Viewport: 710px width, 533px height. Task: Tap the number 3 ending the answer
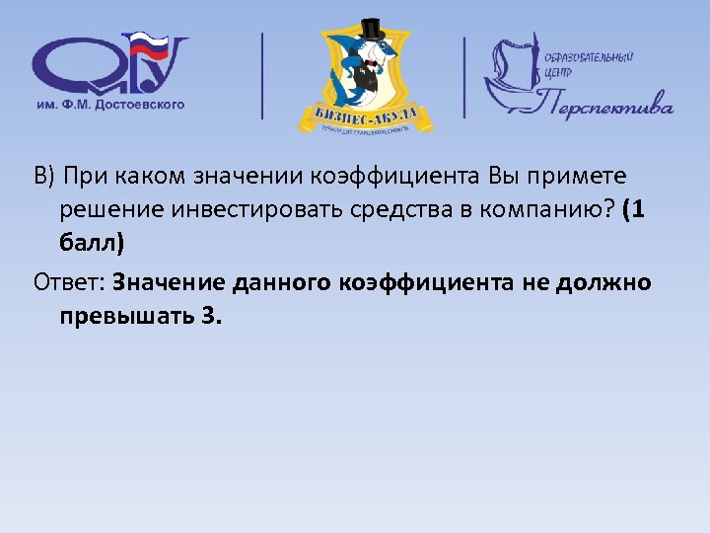pyautogui.click(x=215, y=317)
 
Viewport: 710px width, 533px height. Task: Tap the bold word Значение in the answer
pyautogui.click(x=170, y=283)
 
